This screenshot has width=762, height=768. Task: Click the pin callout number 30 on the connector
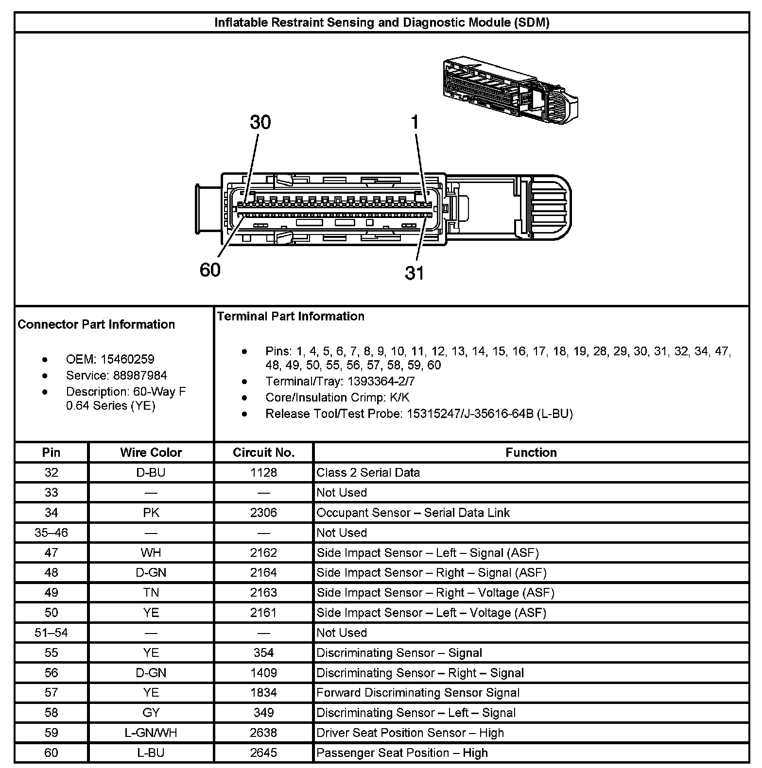260,122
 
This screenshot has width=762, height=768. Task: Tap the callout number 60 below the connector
210,270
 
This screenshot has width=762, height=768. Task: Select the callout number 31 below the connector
415,273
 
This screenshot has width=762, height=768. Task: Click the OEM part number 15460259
127,359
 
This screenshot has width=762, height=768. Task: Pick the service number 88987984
140,375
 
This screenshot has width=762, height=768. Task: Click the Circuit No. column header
263,452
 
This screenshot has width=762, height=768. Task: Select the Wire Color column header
151,452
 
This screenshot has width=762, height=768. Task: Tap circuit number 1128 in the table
263,472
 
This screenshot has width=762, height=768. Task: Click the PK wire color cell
151,513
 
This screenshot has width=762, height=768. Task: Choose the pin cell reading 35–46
51,533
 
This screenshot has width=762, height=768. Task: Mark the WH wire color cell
151,552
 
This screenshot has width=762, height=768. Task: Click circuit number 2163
263,593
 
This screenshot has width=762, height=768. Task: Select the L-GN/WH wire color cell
151,733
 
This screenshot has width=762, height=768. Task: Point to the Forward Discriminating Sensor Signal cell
418,693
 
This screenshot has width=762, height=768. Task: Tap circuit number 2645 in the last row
263,753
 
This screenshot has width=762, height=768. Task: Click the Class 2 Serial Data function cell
368,472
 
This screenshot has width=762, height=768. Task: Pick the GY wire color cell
151,713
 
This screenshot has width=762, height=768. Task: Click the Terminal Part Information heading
291,317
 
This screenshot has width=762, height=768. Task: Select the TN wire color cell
151,593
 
